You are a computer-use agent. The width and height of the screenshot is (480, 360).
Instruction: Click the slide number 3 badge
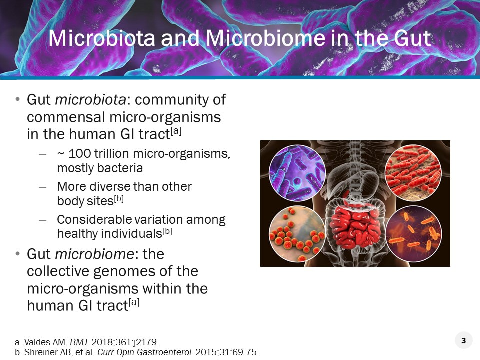[463, 341]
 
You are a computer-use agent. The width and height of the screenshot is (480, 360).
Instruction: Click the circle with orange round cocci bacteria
[297, 233]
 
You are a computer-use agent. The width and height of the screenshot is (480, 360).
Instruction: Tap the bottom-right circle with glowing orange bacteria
[413, 233]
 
